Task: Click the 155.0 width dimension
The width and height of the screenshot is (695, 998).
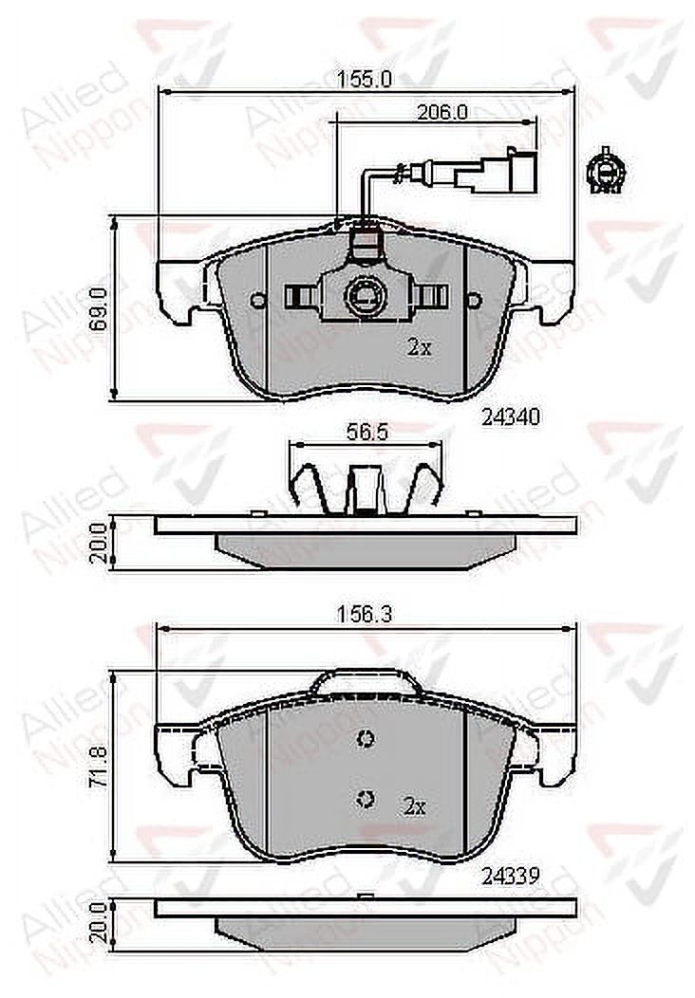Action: (x=365, y=79)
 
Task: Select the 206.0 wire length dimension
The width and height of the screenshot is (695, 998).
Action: (x=442, y=112)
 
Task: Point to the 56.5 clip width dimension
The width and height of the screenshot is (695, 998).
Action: (x=366, y=433)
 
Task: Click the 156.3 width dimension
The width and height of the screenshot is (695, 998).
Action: (x=365, y=614)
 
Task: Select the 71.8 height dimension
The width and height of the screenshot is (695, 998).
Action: (x=98, y=773)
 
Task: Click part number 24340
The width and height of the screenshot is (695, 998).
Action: (x=511, y=417)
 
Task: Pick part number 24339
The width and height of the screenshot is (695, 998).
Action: (x=511, y=877)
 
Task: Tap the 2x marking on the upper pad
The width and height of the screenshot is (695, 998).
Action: (x=420, y=347)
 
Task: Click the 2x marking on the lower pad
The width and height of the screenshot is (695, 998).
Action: (x=415, y=807)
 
